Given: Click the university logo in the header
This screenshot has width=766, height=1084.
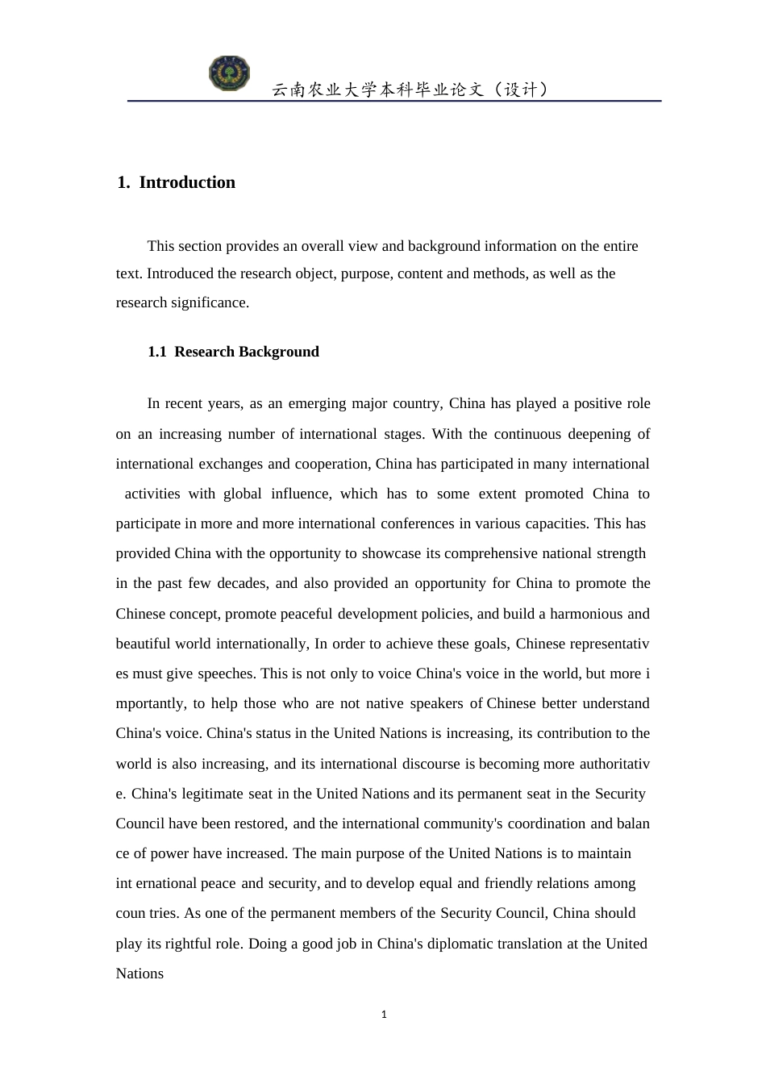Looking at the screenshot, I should [x=229, y=74].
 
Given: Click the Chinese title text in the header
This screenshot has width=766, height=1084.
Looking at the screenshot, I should [x=410, y=90].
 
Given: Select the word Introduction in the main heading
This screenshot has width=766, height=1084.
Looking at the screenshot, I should [x=187, y=182].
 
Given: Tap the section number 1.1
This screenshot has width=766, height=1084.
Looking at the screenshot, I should [x=157, y=352].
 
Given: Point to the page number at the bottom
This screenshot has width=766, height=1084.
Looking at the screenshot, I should [x=384, y=1015].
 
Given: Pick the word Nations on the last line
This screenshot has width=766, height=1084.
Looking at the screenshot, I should [x=139, y=974].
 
